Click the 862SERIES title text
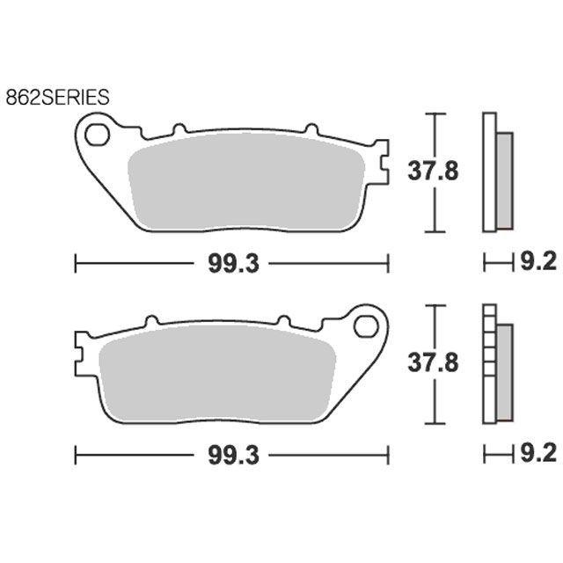[x=57, y=98]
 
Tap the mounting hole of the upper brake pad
[x=97, y=135]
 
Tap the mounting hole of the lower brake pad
[x=366, y=326]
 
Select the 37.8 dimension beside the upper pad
[x=433, y=172]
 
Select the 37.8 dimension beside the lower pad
[x=433, y=362]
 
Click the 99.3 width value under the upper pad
[x=233, y=264]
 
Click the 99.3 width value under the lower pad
[x=233, y=456]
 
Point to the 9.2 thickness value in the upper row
[x=538, y=261]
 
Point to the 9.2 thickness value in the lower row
[x=538, y=453]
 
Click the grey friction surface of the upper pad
[x=246, y=182]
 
